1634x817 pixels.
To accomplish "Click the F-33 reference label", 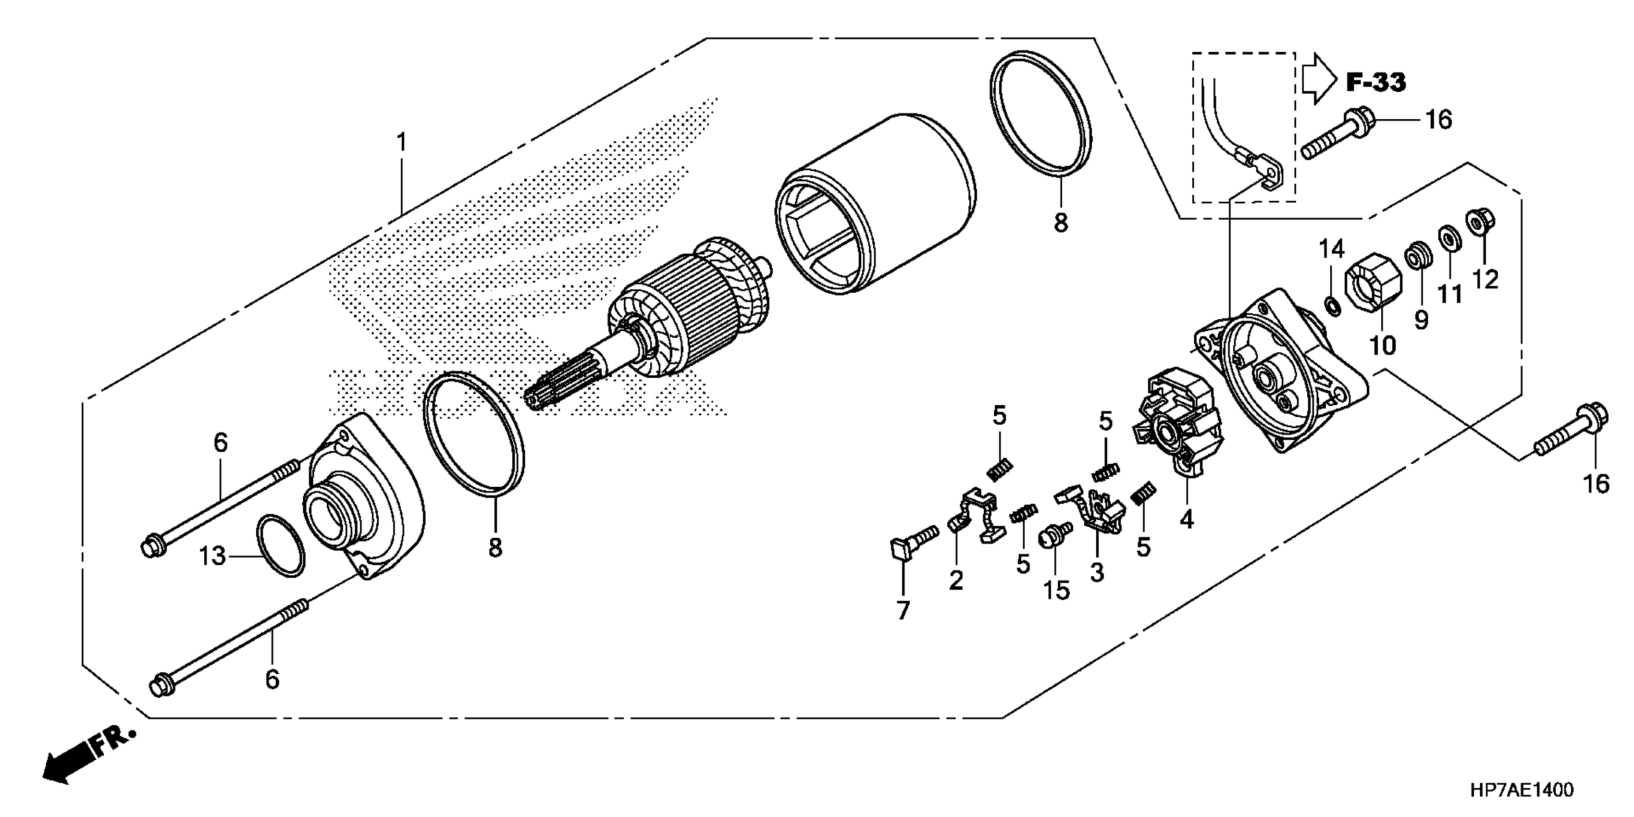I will pyautogui.click(x=1375, y=83).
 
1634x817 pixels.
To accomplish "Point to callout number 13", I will pyautogui.click(x=212, y=557).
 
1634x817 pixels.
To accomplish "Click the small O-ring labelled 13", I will pyautogui.click(x=280, y=545).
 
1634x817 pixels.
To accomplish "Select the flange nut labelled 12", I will pyautogui.click(x=1481, y=222).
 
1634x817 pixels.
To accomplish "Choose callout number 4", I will pyautogui.click(x=1187, y=520).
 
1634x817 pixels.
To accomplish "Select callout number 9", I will pyautogui.click(x=1421, y=320).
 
